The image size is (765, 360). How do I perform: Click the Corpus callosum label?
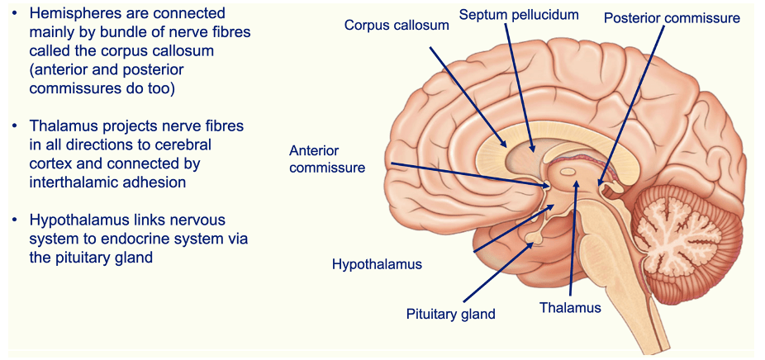point(397,26)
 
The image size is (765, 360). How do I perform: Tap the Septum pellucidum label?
point(519,15)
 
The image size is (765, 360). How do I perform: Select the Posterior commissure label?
point(672,17)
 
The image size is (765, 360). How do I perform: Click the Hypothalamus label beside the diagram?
point(377,264)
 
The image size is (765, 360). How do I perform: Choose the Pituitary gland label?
point(450,314)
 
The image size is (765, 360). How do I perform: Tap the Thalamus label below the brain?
point(570,307)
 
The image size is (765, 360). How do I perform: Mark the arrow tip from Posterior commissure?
point(601,182)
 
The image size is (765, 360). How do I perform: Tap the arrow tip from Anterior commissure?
point(549,186)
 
